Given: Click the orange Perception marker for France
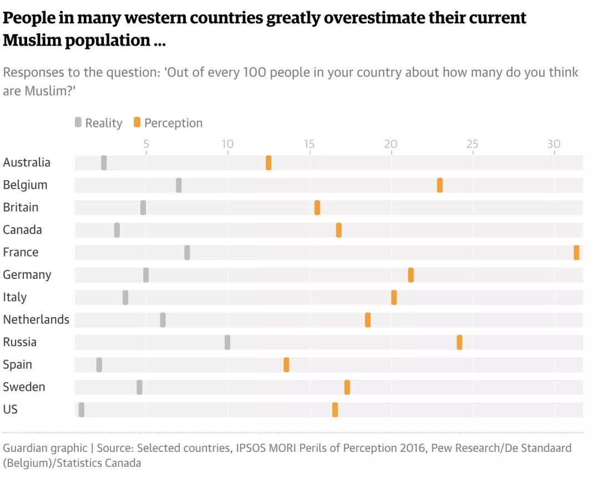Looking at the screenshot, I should coord(576,252).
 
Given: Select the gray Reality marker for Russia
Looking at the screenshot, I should coord(227,342).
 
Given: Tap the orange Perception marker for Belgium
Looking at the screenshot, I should coord(440,185).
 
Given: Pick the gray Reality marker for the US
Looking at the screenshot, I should coord(82,410).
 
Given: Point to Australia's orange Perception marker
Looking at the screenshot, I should coord(268,162).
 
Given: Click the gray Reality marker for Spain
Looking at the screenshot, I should coord(99,365).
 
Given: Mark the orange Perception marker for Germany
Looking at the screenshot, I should coord(411,275).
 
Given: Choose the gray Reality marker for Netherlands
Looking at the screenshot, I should coord(163,320).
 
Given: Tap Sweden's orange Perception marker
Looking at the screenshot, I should coord(347,387).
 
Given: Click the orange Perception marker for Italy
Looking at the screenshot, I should coord(394,297).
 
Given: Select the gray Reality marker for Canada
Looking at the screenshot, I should coord(117,230).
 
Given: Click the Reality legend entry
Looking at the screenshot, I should coord(99,123).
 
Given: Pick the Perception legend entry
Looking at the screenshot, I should coord(168,123).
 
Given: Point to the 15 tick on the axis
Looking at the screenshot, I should coord(309,144).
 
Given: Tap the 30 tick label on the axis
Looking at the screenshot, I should coord(554,144).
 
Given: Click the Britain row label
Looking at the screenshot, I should coord(21,207).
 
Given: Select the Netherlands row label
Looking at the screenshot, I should coord(36,319).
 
